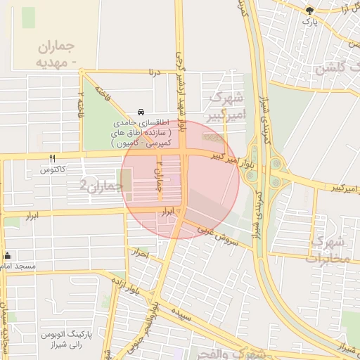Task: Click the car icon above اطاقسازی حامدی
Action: click(x=141, y=112)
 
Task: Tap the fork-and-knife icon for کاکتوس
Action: click(x=52, y=158)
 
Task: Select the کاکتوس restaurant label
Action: click(x=53, y=170)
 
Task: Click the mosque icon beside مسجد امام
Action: click(x=7, y=255)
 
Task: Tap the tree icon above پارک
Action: click(x=309, y=10)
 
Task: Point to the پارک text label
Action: click(x=309, y=22)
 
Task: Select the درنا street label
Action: click(x=154, y=71)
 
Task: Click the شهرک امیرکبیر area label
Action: click(x=226, y=105)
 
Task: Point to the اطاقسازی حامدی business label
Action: click(x=141, y=132)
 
